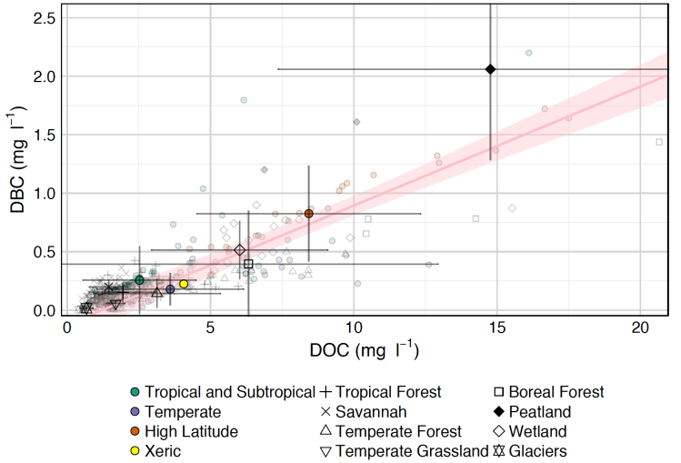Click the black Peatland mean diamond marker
[x=491, y=69]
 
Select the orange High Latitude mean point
[x=309, y=214]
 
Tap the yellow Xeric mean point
[x=184, y=284]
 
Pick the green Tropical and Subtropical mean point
[x=139, y=280]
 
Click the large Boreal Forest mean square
[x=248, y=264]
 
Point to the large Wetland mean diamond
[x=240, y=250]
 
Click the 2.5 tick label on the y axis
[x=44, y=18]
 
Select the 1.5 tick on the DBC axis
[x=44, y=135]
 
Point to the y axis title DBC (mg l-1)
[x=18, y=164]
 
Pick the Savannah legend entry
[x=374, y=412]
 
